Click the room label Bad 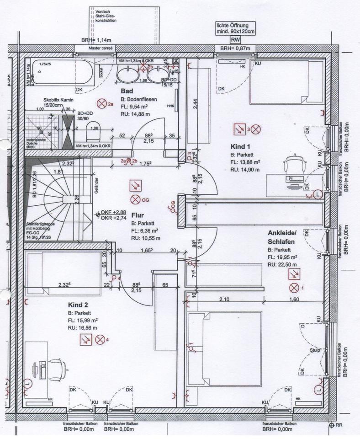pos(127,91)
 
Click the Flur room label pos(138,215)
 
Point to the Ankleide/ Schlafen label pos(282,237)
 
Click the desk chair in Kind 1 pos(292,166)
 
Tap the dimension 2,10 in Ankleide pos(223,300)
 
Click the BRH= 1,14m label pos(93,40)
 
